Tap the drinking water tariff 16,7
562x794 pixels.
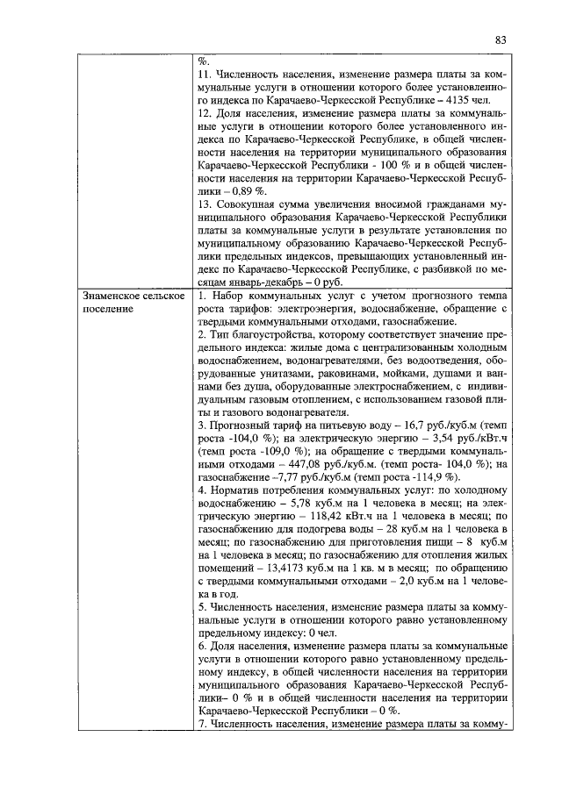click(409, 423)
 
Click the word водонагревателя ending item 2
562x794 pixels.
click(299, 410)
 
